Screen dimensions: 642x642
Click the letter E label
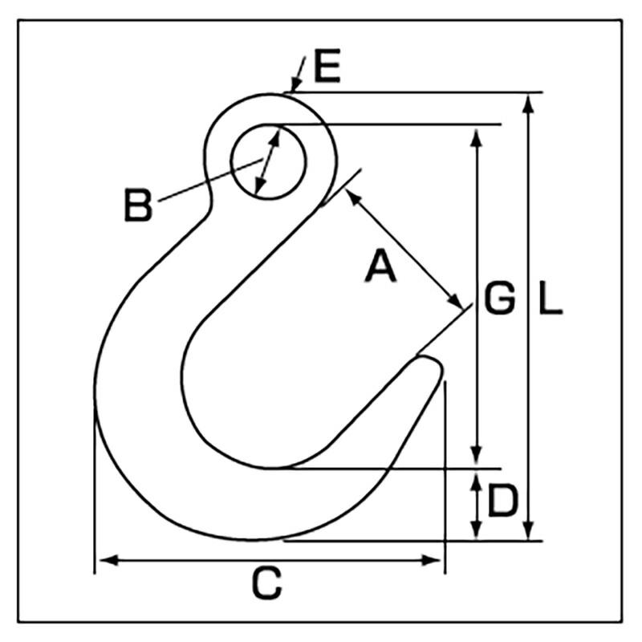327,70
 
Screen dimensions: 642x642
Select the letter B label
138,205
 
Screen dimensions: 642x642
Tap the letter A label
380,266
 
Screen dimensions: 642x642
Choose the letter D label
502,502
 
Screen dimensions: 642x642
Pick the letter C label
266,583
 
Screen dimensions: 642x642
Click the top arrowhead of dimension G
477,133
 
